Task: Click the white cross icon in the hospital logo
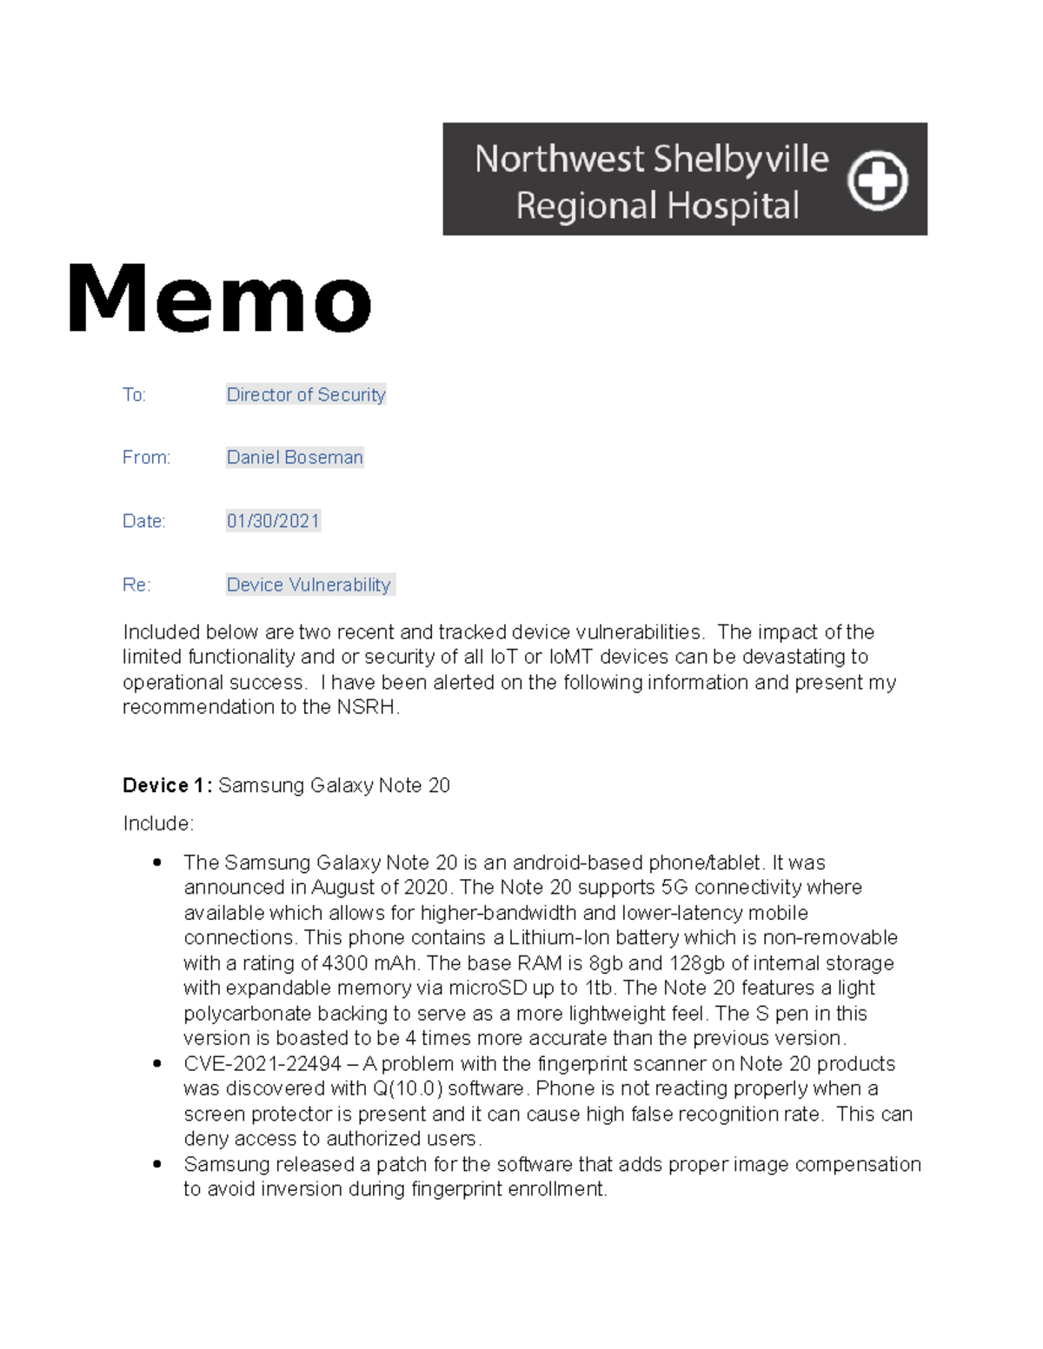click(878, 181)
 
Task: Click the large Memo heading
click(220, 299)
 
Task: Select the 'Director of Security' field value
click(306, 394)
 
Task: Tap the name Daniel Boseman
click(295, 458)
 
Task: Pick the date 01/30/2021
click(273, 521)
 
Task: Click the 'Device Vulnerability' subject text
click(309, 585)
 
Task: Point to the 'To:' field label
click(134, 395)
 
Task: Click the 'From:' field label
click(146, 458)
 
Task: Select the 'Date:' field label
click(143, 521)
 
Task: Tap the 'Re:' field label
click(136, 585)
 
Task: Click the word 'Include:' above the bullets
click(158, 823)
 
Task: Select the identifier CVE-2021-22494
click(262, 1064)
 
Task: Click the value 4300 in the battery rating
click(344, 963)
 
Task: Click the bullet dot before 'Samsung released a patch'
click(157, 1164)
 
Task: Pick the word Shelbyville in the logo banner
click(741, 159)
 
